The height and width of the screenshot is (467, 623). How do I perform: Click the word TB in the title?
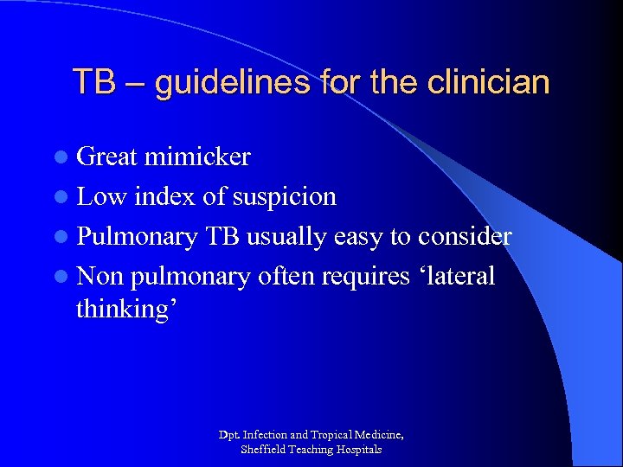tap(92, 82)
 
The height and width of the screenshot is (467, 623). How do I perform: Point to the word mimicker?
tap(197, 157)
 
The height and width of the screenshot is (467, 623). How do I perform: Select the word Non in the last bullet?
tap(100, 276)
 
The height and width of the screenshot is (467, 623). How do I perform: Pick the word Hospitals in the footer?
tap(357, 449)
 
